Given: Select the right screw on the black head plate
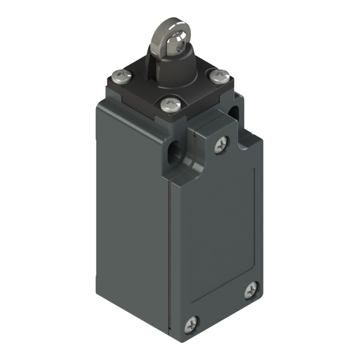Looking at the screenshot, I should (219, 76).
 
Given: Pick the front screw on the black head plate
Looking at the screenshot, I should (170, 104).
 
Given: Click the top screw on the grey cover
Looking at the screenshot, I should (221, 145).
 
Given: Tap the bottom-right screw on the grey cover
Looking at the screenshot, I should (251, 290).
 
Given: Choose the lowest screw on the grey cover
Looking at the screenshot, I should (192, 325).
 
